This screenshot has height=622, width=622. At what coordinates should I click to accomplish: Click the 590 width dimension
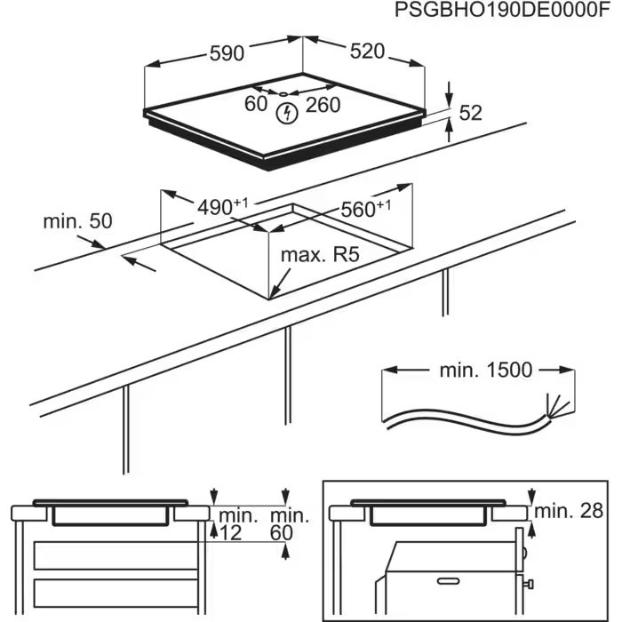(x=226, y=53)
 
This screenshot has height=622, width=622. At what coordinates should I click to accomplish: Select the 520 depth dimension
(x=366, y=52)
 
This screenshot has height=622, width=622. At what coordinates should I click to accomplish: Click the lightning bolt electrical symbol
(x=287, y=113)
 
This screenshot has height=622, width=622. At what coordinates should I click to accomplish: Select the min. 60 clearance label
(x=290, y=524)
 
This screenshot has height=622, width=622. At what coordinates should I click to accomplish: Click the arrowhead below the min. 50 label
(x=129, y=260)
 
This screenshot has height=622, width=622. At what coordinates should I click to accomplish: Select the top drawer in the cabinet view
(x=114, y=556)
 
